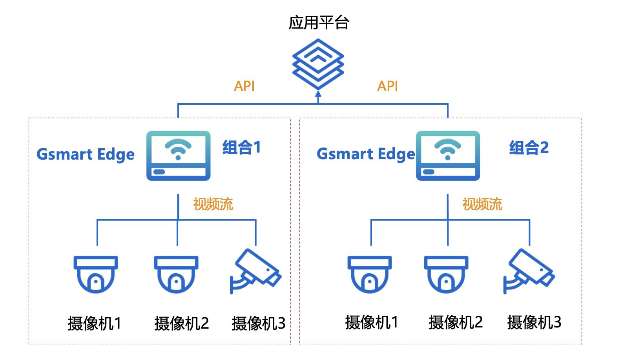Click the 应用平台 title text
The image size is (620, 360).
319,23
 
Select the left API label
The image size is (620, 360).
244,86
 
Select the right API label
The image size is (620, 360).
387,86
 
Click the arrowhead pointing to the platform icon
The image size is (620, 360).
318,94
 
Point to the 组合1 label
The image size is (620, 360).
241,147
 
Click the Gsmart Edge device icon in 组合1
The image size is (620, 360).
179,156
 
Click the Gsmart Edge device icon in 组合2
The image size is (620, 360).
448,156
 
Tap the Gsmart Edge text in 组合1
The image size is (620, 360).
86,155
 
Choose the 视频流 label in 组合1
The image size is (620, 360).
213,204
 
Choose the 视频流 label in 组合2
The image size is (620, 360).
482,204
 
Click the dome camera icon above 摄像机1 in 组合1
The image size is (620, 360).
96,274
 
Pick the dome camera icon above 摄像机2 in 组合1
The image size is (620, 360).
176,274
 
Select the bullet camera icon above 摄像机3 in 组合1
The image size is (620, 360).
255,271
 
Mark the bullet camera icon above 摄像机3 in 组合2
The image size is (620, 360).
529,271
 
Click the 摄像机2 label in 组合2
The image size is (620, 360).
456,322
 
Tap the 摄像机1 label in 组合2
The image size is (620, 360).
372,322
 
